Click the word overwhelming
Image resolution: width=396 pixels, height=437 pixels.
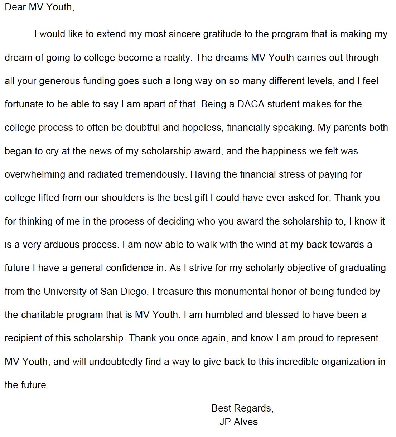click(x=35, y=174)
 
